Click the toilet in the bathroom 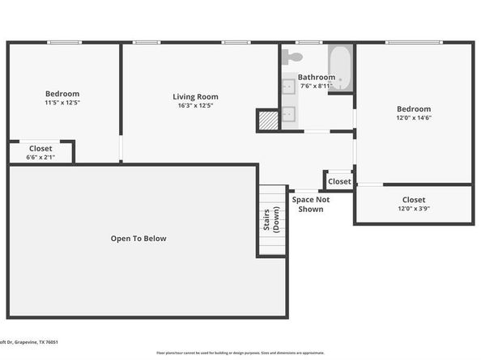[294, 57]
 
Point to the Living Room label [195, 96]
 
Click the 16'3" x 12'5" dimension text [195, 105]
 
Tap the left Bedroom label [62, 94]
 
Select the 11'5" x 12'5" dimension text [62, 103]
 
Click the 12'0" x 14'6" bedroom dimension [413, 118]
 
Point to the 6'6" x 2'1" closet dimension [40, 157]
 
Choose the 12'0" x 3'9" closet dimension [413, 208]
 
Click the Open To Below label [138, 238]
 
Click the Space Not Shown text [311, 204]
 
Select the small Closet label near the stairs [339, 181]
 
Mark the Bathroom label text [317, 78]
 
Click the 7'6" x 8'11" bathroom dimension [317, 86]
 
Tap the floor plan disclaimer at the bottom [240, 353]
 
